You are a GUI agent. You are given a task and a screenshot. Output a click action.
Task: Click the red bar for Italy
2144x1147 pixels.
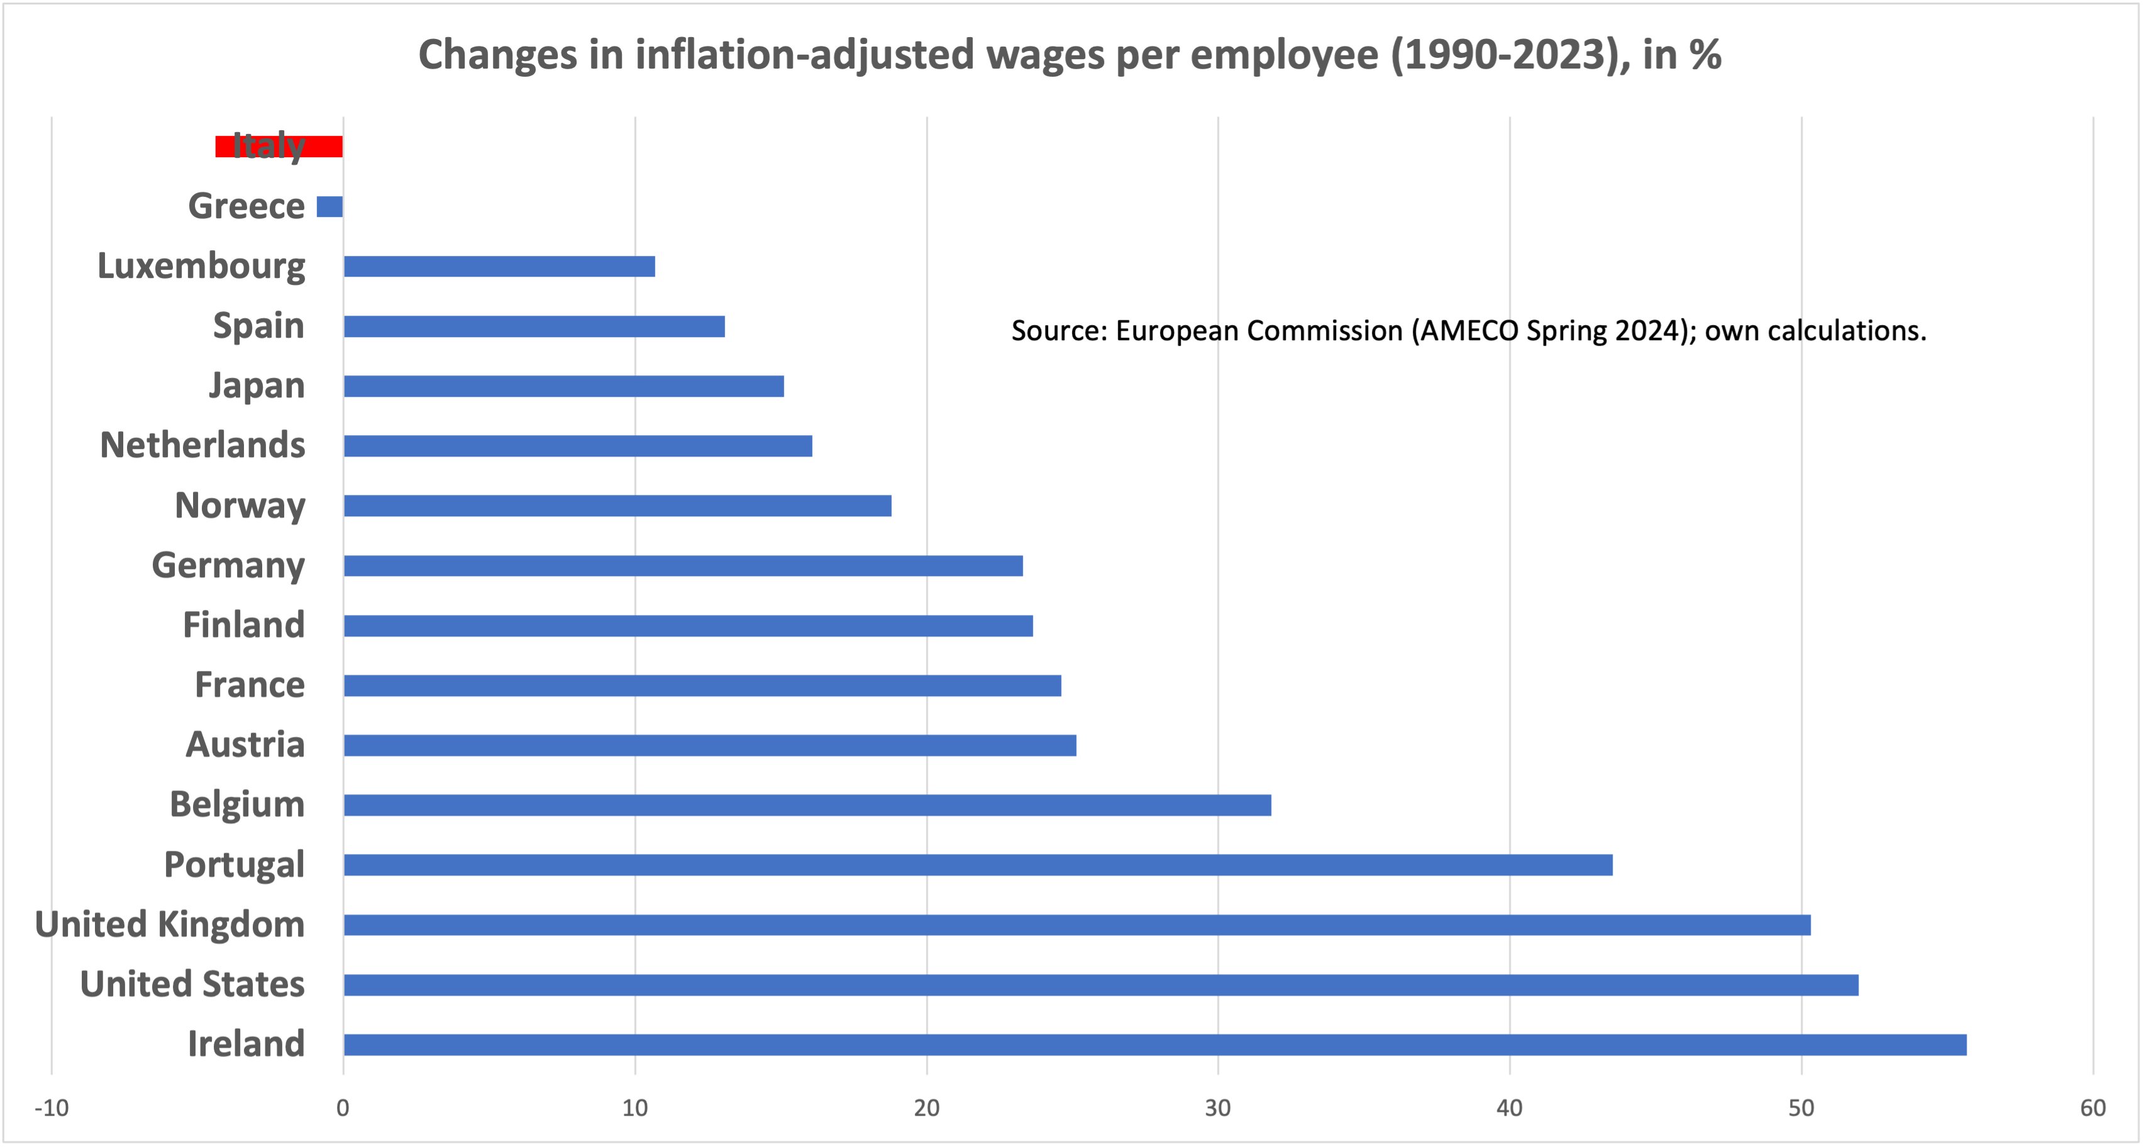279,147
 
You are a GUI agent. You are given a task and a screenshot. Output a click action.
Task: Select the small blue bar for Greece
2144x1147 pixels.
329,206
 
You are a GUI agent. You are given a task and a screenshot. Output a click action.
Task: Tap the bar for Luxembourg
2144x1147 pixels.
499,267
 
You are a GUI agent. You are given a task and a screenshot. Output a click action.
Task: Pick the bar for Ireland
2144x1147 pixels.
1154,1044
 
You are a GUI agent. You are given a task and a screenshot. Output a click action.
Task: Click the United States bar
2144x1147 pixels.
1100,985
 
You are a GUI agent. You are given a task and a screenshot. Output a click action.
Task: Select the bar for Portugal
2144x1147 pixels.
978,865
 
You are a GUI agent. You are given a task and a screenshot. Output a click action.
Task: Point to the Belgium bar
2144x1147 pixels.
807,805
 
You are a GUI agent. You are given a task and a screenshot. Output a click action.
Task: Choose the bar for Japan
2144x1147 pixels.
563,386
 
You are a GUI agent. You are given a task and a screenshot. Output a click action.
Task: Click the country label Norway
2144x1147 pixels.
240,505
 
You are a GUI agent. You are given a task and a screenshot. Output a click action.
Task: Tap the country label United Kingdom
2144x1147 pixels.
170,924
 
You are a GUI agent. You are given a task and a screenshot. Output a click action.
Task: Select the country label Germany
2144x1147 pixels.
228,565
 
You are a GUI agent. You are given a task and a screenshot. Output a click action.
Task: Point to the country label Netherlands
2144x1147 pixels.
202,445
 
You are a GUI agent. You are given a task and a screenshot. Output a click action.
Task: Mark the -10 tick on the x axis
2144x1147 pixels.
51,1108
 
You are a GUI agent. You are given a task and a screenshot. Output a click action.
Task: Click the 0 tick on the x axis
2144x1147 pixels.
343,1108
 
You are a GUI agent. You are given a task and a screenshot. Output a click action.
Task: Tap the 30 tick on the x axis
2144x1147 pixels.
1218,1108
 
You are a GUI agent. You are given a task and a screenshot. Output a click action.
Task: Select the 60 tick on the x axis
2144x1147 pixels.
2092,1108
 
